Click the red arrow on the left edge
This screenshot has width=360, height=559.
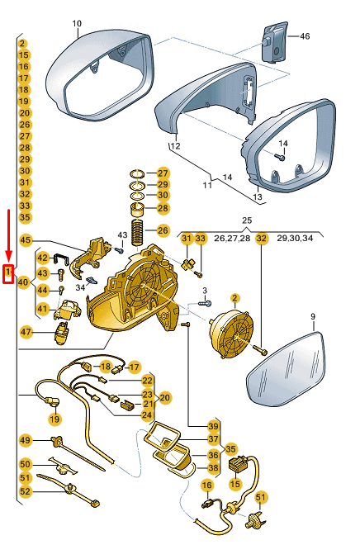coord(8,234)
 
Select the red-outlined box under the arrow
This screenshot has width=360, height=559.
coord(8,274)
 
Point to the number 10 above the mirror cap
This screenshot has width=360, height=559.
coord(77,23)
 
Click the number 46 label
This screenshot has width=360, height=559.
coord(305,36)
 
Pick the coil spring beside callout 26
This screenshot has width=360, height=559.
coord(137,233)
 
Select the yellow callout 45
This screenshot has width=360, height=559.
coord(26,240)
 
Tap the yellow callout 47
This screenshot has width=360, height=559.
coord(26,332)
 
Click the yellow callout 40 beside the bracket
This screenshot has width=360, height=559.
coord(23,282)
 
